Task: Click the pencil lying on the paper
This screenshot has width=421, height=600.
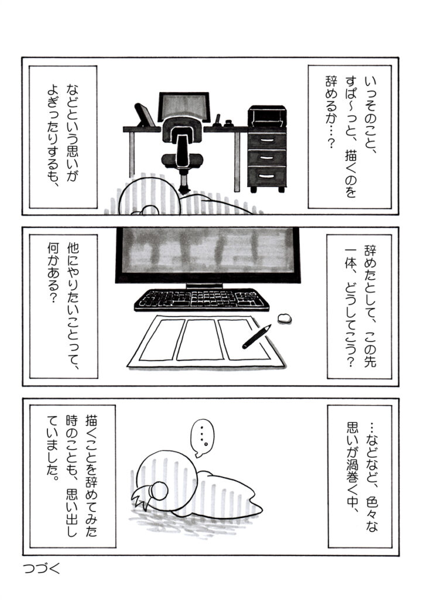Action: pos(256,336)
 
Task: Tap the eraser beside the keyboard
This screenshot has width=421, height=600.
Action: pos(284,318)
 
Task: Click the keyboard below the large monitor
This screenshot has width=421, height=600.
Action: pos(201,299)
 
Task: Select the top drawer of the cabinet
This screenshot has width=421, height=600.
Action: pos(267,141)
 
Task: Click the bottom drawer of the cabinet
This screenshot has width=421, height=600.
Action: pos(267,176)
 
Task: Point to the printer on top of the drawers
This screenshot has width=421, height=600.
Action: pos(267,115)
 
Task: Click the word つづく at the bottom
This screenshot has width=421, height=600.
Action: pos(42,568)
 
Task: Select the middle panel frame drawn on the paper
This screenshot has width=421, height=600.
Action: pos(200,339)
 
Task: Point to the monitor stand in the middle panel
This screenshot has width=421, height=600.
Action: pos(204,286)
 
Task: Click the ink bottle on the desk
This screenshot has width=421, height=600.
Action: pos(230,123)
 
